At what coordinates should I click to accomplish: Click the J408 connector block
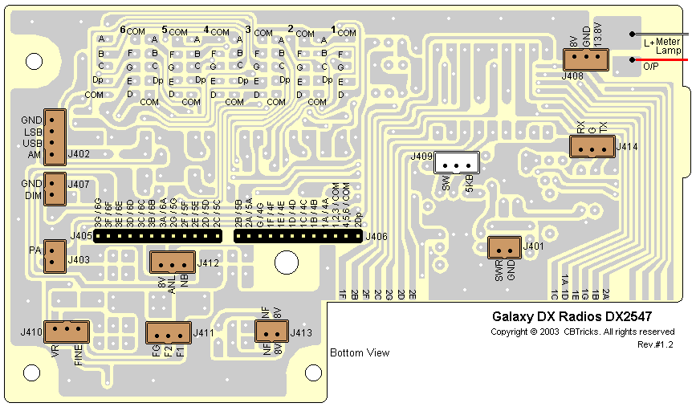(585, 59)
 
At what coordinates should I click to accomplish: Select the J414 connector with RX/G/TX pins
(592, 147)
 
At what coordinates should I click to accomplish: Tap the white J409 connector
(456, 164)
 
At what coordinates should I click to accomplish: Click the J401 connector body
(504, 248)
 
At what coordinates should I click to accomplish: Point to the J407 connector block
(53, 189)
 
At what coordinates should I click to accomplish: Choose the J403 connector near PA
(53, 256)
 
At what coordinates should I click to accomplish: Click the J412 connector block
(172, 263)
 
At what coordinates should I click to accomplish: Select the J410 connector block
(67, 331)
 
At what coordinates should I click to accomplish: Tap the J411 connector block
(168, 333)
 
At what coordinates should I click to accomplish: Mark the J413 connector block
(272, 332)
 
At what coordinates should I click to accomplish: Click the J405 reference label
(81, 236)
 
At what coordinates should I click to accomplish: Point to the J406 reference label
(376, 236)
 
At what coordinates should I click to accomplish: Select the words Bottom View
(360, 352)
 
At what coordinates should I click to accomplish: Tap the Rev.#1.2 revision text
(656, 344)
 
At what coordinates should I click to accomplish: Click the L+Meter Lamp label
(663, 47)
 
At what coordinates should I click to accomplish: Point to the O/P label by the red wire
(651, 67)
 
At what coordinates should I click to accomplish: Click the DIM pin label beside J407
(32, 195)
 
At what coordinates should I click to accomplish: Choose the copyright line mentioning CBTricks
(582, 332)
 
